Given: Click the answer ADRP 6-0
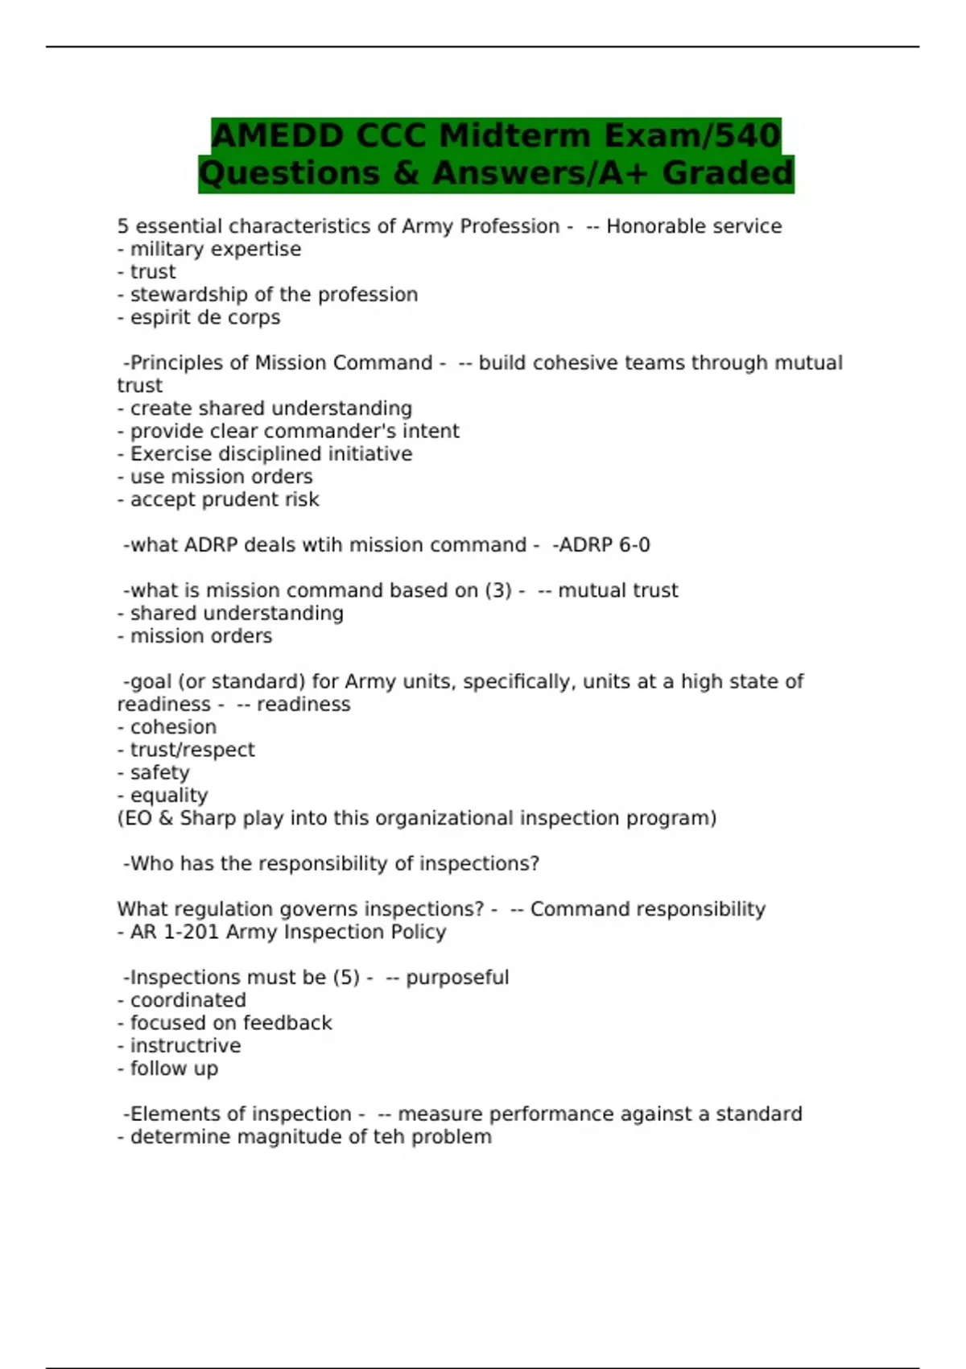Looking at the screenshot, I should [604, 545].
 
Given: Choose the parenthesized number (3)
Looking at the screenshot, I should [497, 590].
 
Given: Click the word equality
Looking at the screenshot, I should [169, 795].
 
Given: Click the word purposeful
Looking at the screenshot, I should [457, 978].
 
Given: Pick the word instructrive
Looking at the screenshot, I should [185, 1045].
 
